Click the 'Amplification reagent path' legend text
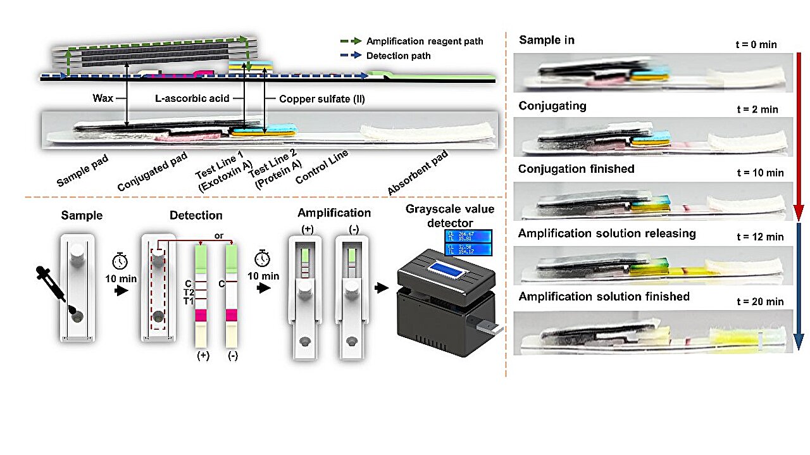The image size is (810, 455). coord(424,41)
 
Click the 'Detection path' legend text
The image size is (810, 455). coord(398,56)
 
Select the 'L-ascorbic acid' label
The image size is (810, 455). coord(192,99)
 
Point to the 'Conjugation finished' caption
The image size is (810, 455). coord(576,169)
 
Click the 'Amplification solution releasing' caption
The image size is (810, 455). coord(607,234)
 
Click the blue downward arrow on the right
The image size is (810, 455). coord(799,285)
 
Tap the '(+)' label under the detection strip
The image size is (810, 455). coord(203,356)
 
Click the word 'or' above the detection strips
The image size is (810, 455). coord(218,235)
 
